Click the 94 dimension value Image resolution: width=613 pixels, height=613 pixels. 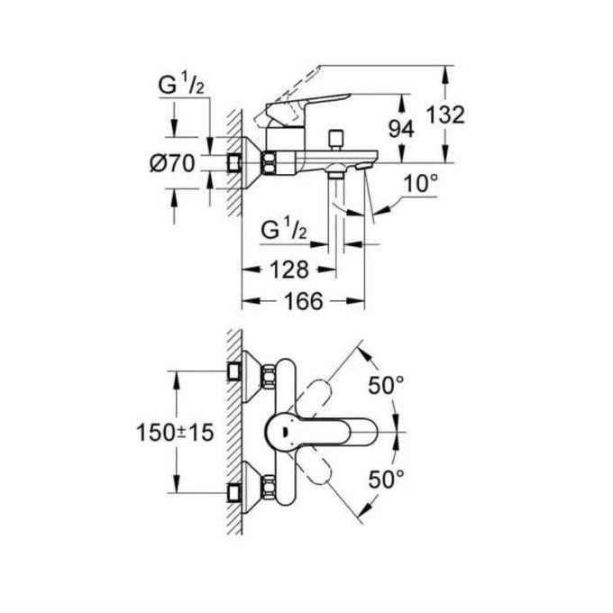coord(400,129)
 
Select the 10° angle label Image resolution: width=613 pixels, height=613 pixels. coord(420,184)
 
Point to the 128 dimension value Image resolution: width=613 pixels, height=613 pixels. coord(288,269)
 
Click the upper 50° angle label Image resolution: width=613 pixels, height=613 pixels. coord(387,387)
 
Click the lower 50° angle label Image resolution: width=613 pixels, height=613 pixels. coord(387,479)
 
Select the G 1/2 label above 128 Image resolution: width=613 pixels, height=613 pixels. coord(284,229)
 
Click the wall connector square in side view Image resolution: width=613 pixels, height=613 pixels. coord(236,163)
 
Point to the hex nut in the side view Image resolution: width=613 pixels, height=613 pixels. coord(270,163)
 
